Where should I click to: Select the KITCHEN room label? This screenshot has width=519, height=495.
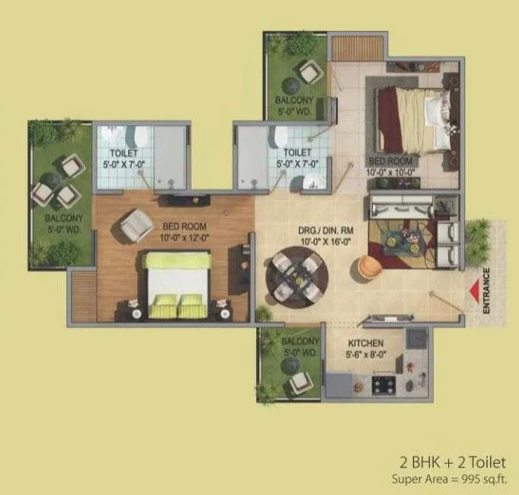tap(366, 344)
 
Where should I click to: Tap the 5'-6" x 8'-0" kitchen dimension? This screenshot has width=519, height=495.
tap(366, 355)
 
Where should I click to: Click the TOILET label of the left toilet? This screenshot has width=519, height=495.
tap(124, 153)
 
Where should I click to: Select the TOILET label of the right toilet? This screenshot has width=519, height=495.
tap(297, 152)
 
